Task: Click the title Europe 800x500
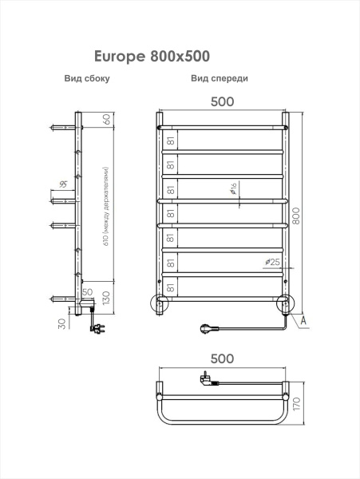click(x=152, y=56)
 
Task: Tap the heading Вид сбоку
click(x=87, y=78)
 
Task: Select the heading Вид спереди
click(x=220, y=78)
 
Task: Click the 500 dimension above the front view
click(x=222, y=101)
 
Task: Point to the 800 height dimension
click(x=295, y=216)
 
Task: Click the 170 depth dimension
click(x=296, y=404)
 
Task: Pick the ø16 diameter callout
click(x=232, y=188)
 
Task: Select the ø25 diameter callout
click(x=272, y=262)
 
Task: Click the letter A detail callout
click(x=303, y=320)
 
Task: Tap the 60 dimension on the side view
click(x=107, y=119)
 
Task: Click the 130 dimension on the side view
click(x=106, y=298)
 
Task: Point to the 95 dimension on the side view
click(x=64, y=184)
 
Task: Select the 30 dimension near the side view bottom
click(x=62, y=324)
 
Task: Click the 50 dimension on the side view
click(x=87, y=291)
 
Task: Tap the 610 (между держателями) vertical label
click(x=106, y=207)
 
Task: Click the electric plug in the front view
click(x=209, y=329)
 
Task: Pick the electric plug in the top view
click(x=208, y=379)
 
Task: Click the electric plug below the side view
click(x=97, y=328)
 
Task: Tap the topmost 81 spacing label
click(x=171, y=141)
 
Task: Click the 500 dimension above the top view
click(x=222, y=358)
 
